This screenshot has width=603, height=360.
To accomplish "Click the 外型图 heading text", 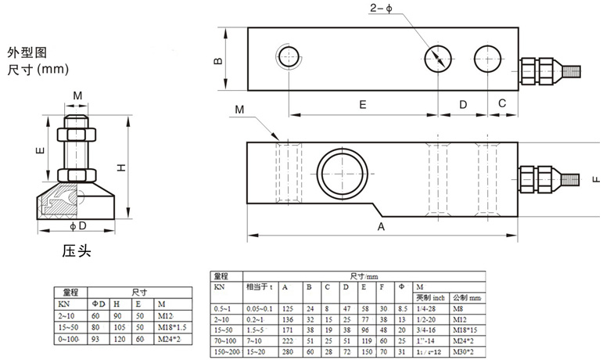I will (x=27, y=52).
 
